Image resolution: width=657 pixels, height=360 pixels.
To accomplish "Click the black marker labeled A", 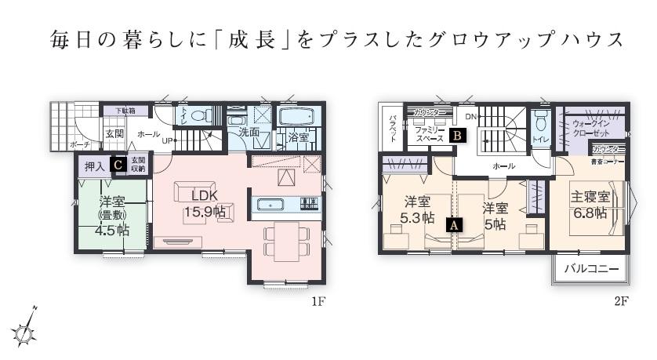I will click(453, 224).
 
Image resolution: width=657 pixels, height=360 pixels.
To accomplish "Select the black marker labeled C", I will click(118, 165).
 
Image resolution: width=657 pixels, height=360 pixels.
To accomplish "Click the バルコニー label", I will click(592, 269).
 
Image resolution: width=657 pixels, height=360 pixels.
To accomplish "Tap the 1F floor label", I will click(317, 301).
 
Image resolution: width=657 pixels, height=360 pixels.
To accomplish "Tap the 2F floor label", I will click(622, 301).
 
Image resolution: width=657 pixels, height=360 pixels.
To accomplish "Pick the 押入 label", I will click(95, 165).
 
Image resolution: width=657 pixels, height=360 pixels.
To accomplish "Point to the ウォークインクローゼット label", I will click(590, 129).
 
